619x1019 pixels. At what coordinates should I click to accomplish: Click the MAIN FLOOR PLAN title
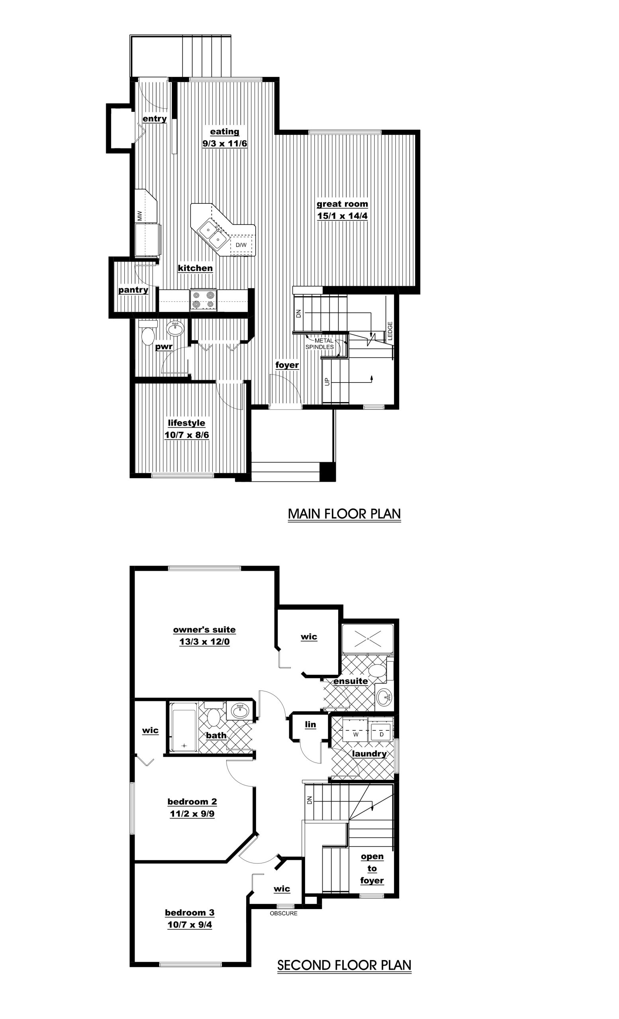tap(344, 513)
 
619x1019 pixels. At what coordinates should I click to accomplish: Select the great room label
tap(342, 204)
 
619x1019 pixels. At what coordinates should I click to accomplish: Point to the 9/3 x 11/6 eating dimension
tap(225, 144)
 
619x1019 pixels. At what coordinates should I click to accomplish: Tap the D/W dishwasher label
tap(241, 245)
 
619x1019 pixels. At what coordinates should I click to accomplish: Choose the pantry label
tap(133, 290)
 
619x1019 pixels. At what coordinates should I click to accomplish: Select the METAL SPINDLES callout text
tap(320, 344)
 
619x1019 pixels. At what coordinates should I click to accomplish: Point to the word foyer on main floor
tap(287, 365)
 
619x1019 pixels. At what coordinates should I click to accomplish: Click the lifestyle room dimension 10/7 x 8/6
tap(186, 435)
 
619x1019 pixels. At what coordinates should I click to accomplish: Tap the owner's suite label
tap(204, 630)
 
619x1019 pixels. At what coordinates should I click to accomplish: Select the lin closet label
tap(310, 724)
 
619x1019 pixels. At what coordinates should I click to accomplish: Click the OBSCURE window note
tap(284, 914)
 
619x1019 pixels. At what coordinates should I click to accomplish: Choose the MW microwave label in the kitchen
tap(140, 215)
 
